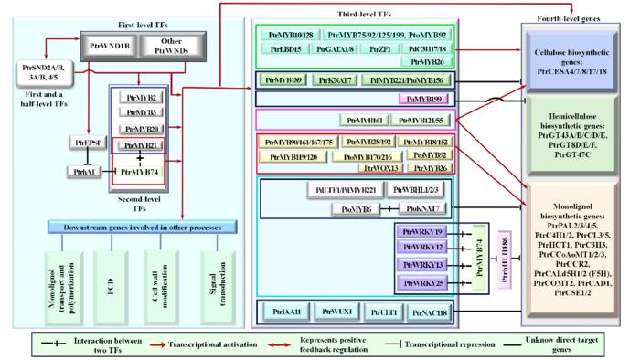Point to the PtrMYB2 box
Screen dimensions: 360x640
click(x=141, y=97)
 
